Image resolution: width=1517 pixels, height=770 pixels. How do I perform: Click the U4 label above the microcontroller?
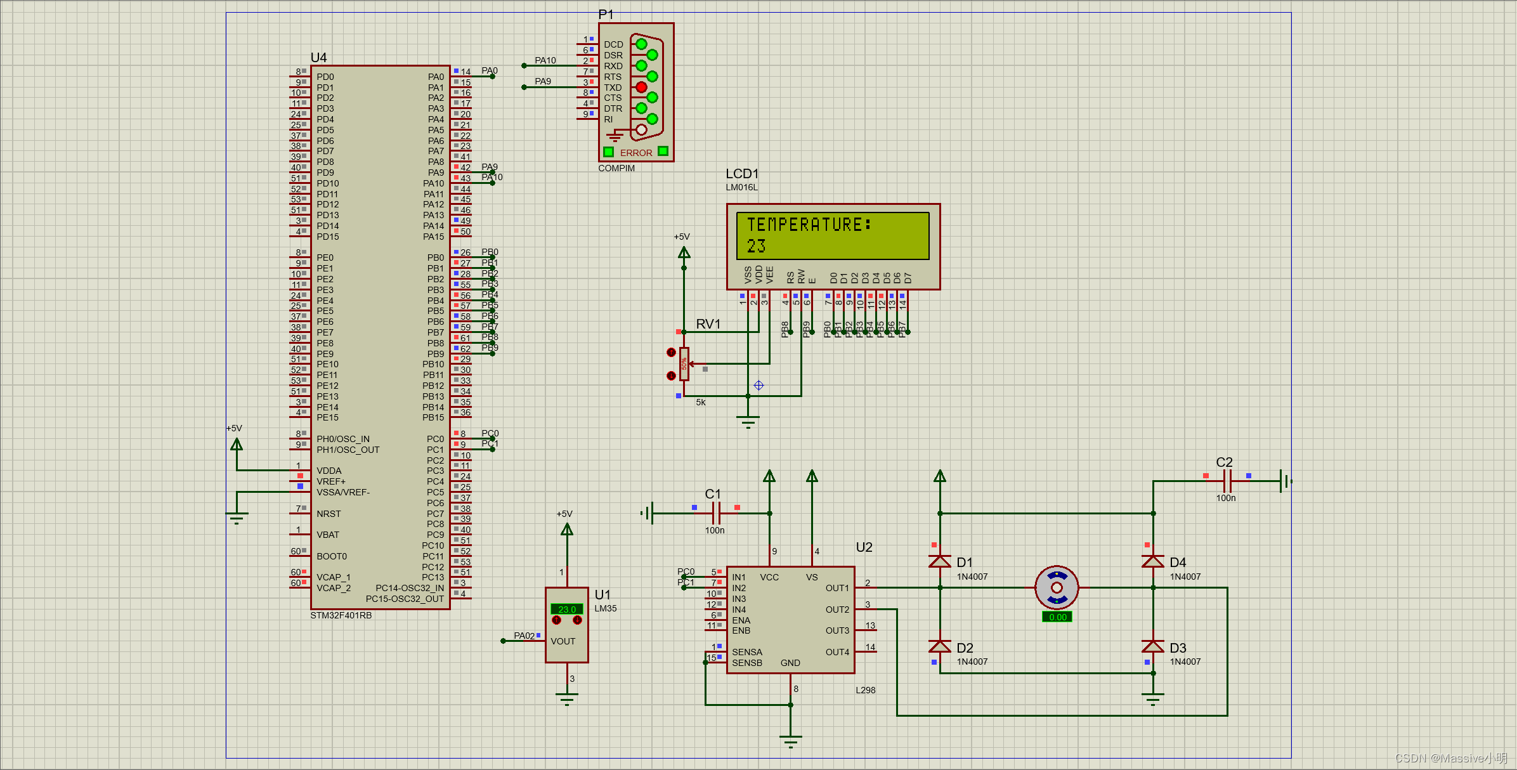[x=318, y=58]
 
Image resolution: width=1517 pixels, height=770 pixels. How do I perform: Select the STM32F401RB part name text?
[x=341, y=615]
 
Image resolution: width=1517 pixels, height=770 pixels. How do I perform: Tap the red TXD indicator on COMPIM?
[x=641, y=87]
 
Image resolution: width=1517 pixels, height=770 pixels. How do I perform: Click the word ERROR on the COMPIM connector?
[x=636, y=153]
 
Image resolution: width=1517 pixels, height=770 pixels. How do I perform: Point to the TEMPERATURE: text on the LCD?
[x=809, y=225]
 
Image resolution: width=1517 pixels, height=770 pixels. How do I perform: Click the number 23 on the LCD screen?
[x=756, y=246]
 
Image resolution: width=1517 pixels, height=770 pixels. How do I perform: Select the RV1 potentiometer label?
[x=708, y=324]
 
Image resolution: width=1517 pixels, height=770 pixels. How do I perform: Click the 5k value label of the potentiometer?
[x=701, y=402]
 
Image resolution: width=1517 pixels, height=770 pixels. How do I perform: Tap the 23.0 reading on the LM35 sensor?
[x=567, y=610]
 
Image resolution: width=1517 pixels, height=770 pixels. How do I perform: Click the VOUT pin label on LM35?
[x=563, y=641]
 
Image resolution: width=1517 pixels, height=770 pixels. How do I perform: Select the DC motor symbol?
[x=1057, y=587]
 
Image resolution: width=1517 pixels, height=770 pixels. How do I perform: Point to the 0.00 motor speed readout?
[x=1057, y=617]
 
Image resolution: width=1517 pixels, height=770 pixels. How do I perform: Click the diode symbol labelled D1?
[x=940, y=561]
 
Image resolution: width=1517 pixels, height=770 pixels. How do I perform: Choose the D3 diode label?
[x=1178, y=648]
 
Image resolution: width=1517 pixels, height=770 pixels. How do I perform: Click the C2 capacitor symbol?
[x=1227, y=481]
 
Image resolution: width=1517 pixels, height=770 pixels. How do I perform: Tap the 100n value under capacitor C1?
[x=715, y=530]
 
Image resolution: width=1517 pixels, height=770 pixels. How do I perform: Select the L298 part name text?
[x=865, y=690]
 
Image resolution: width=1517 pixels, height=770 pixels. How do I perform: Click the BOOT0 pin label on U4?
[x=332, y=556]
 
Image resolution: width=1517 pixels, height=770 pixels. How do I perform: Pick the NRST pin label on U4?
[x=329, y=514]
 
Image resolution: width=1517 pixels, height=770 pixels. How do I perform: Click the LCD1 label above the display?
[x=742, y=174]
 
